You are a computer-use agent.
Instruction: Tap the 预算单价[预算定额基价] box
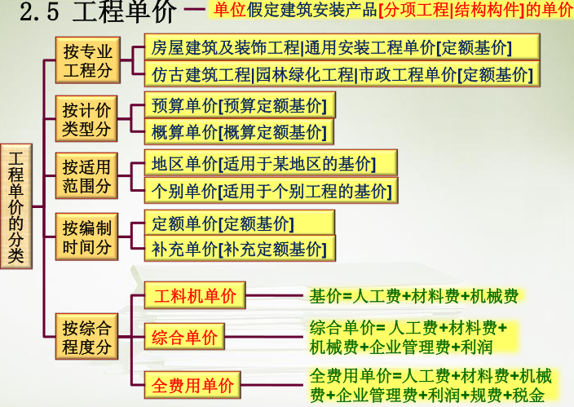tap(239, 105)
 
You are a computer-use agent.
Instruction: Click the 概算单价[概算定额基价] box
tap(239, 132)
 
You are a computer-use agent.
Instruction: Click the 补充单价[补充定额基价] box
tap(239, 249)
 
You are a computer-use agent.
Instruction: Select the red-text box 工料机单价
tap(195, 296)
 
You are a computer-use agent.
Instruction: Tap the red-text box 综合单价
tap(185, 337)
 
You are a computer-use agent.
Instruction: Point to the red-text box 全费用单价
tap(192, 384)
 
